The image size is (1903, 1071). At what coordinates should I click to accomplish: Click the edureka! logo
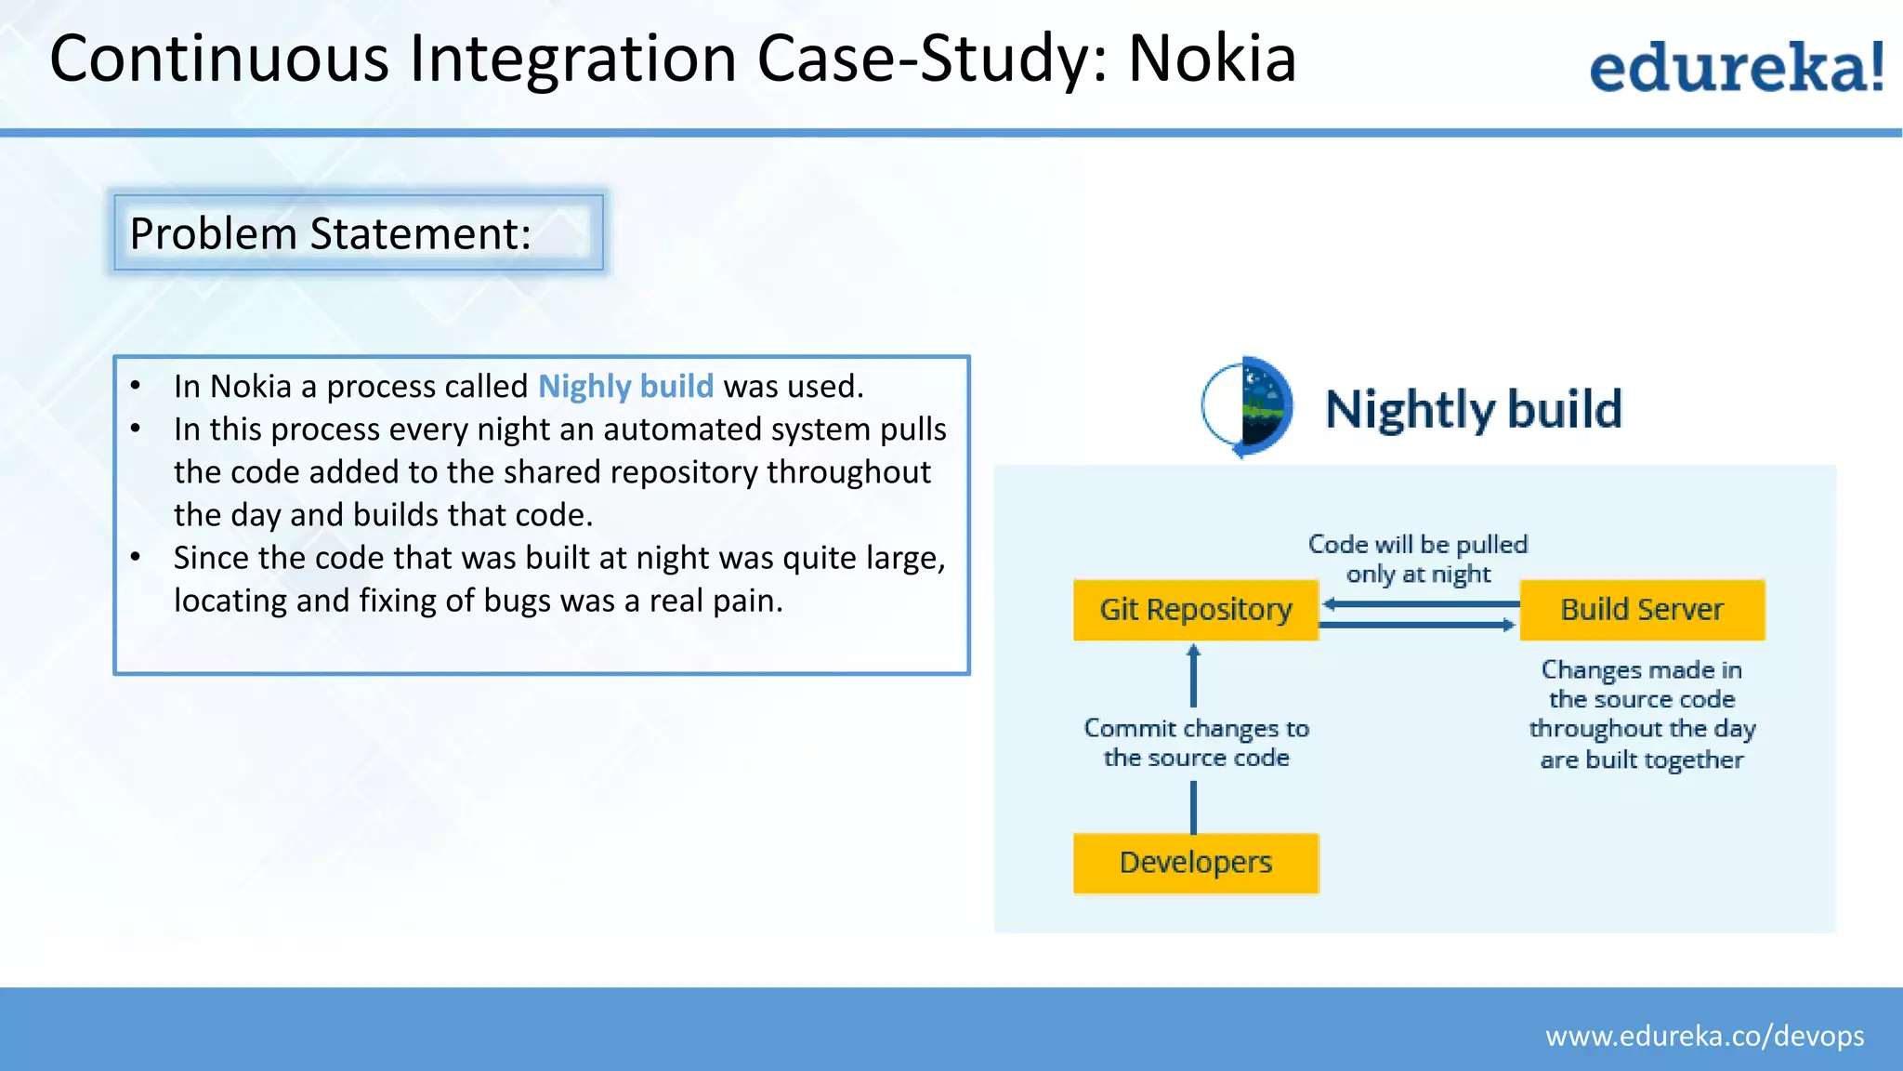(1736, 67)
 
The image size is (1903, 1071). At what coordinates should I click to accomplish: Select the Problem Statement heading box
(359, 232)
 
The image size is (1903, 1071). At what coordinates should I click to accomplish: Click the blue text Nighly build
(625, 386)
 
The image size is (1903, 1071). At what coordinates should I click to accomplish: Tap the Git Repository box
(1195, 610)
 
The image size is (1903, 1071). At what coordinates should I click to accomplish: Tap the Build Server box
(1641, 610)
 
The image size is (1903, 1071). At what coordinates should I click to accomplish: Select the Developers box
(1195, 863)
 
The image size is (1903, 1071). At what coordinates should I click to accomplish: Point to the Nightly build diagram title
(1473, 409)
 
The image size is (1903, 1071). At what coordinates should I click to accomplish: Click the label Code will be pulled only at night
(1418, 559)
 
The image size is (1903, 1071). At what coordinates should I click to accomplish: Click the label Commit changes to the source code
(1196, 743)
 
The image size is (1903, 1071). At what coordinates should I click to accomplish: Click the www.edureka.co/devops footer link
(1704, 1036)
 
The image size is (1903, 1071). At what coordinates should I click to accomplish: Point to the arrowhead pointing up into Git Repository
(1194, 652)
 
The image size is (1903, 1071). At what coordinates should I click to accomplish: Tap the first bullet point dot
(136, 386)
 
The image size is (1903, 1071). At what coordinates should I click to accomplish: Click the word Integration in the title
(573, 59)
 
